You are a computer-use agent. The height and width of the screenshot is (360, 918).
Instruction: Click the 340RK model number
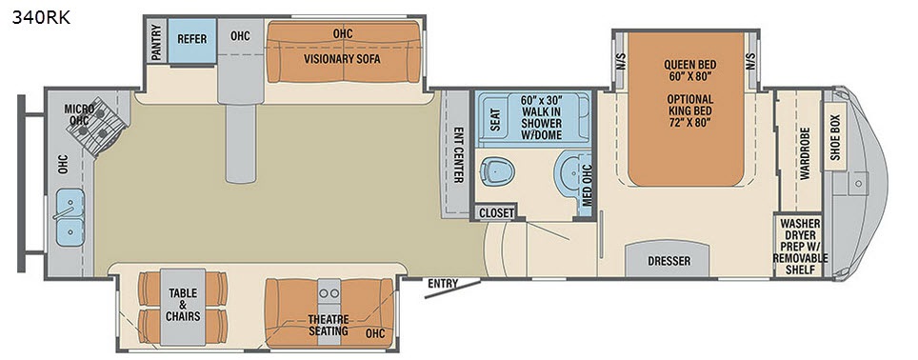click(x=41, y=17)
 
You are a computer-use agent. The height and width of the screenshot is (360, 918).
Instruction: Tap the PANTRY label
click(x=156, y=42)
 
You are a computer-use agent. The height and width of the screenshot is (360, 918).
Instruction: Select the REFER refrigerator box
click(x=192, y=40)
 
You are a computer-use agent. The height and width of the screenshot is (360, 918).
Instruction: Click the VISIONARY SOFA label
click(x=342, y=58)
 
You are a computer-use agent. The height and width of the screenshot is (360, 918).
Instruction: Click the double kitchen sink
click(x=70, y=216)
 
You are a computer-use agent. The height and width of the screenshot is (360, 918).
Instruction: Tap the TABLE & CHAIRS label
click(x=183, y=305)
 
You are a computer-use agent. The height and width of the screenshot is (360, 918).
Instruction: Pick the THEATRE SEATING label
click(x=328, y=326)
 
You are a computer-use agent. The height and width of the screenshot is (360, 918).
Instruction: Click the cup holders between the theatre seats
click(x=329, y=291)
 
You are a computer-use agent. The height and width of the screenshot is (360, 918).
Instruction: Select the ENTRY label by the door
click(x=443, y=284)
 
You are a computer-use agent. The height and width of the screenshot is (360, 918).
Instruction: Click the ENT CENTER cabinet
click(x=455, y=154)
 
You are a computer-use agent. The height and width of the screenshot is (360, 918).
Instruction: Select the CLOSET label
click(x=496, y=213)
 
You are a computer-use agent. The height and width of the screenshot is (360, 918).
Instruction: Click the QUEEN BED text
click(x=689, y=65)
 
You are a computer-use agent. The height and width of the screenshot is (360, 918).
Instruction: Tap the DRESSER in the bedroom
click(x=669, y=260)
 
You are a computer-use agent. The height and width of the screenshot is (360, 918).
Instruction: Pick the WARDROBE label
click(x=805, y=153)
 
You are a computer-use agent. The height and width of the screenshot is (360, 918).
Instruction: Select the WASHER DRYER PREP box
click(x=800, y=246)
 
